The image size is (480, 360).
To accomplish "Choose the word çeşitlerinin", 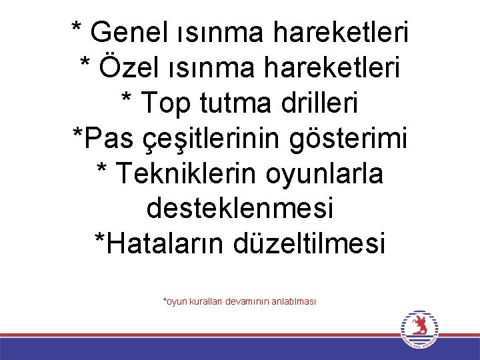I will [x=223, y=139].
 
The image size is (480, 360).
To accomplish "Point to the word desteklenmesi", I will [x=239, y=209].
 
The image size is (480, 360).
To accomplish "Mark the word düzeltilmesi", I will [x=309, y=245].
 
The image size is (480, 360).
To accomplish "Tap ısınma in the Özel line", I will [x=207, y=67].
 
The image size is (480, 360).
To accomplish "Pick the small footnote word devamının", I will [x=247, y=302].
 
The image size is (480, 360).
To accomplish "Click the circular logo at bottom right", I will [x=419, y=330].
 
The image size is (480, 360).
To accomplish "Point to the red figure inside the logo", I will [x=419, y=326].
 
